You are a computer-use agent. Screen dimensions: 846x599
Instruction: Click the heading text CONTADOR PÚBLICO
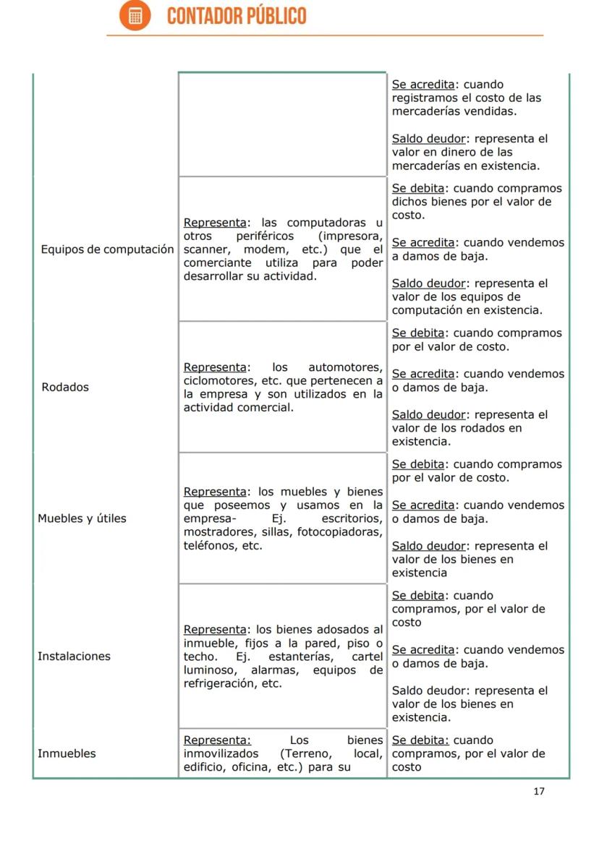(237, 16)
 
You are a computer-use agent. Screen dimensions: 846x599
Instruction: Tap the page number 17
(538, 791)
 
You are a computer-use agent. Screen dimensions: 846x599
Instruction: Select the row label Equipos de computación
(107, 249)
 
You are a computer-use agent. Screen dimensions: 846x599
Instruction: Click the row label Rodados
(65, 387)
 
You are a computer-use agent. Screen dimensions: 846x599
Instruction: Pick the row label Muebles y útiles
(82, 518)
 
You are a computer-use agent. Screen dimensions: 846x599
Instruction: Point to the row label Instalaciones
(74, 657)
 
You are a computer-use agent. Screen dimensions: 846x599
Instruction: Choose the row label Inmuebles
(67, 753)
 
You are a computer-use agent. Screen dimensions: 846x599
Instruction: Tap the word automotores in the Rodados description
(345, 367)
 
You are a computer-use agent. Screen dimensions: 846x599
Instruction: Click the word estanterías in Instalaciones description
(302, 657)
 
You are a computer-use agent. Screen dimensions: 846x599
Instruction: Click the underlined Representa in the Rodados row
(215, 367)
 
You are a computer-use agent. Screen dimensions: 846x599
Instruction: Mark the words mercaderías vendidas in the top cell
(454, 111)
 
